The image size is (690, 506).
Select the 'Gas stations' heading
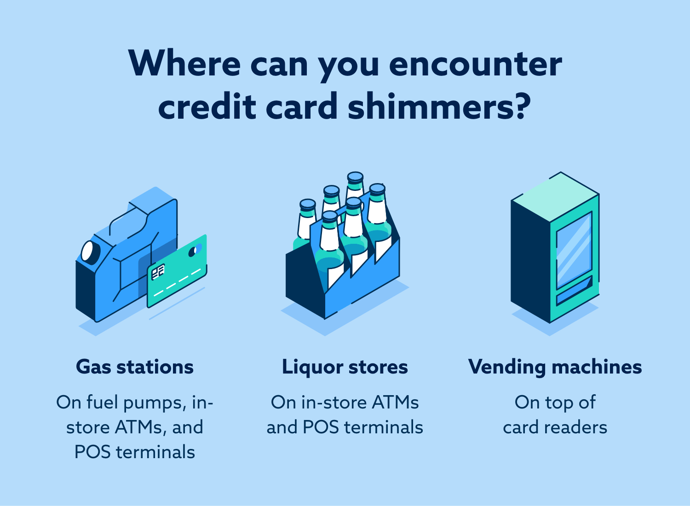(135, 367)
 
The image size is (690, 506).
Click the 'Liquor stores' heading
(345, 367)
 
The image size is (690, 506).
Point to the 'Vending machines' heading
(555, 367)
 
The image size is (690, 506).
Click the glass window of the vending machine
(574, 251)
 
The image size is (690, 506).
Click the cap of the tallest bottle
(355, 177)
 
